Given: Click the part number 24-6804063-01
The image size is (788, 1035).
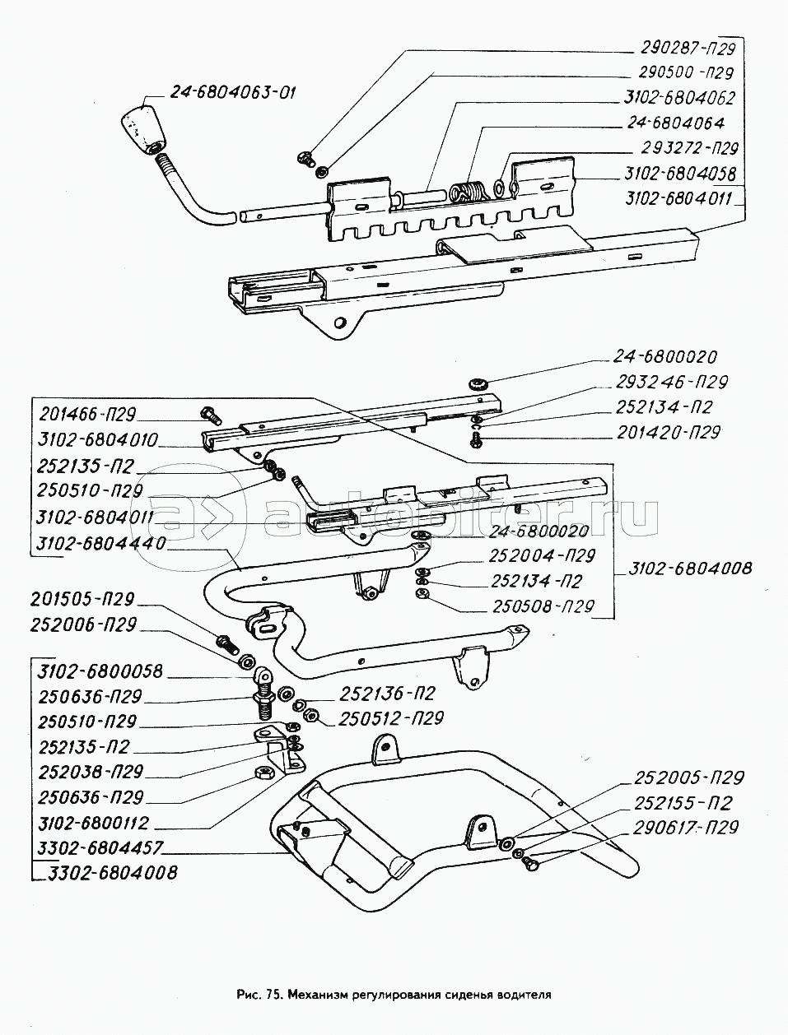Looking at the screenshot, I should coord(234,91).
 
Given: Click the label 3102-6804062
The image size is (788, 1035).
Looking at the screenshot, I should coord(679,97).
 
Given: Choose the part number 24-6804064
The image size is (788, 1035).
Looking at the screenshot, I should coord(673,123).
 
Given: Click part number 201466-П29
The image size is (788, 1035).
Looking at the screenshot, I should coord(86,414).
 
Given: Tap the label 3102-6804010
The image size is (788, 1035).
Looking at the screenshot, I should coord(97,439).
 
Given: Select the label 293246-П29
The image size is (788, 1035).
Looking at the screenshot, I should coord(671,383).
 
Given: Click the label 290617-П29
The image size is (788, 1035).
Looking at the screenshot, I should coord(686,827).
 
